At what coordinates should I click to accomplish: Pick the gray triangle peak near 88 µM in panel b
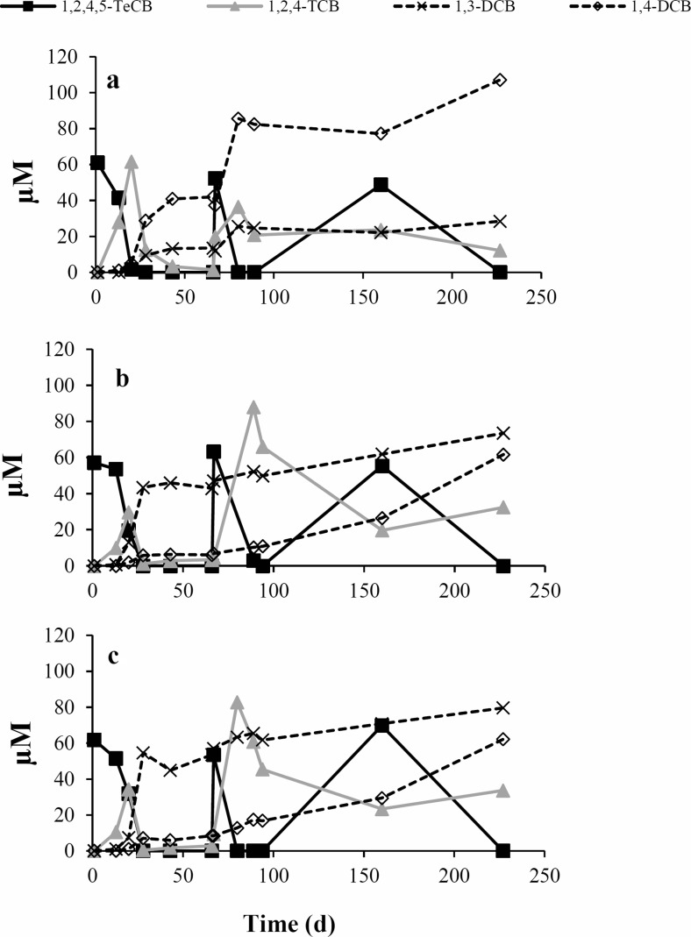tap(253, 408)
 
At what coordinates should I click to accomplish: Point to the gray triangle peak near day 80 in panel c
tap(237, 702)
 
